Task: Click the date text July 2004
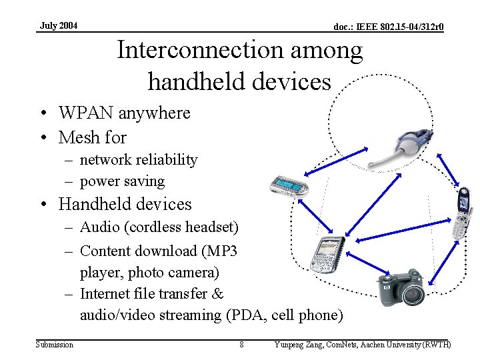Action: tap(59, 26)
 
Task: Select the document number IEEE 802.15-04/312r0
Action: tap(389, 27)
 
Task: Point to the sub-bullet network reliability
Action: tap(139, 160)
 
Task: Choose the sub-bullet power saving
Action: tap(122, 181)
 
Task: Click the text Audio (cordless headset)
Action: tap(159, 227)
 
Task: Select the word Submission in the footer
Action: tap(55, 344)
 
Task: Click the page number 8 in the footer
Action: tap(241, 344)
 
